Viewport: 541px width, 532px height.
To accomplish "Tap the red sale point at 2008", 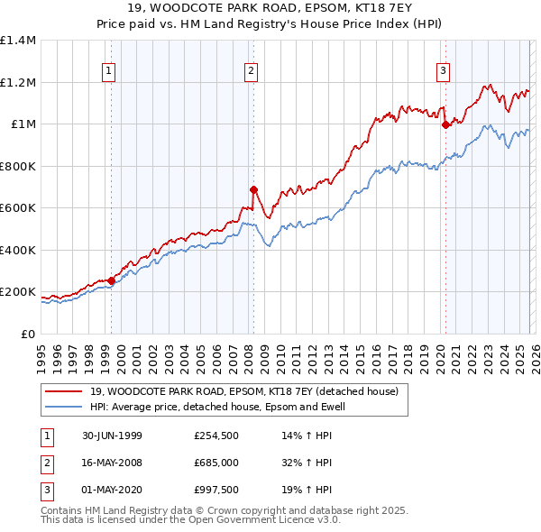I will (x=253, y=189).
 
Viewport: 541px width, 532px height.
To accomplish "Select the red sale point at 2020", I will (x=445, y=125).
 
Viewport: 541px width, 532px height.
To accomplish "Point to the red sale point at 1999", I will (x=112, y=280).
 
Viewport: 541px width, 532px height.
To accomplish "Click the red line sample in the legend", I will (x=65, y=390).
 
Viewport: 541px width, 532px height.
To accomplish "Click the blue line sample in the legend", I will (x=65, y=407).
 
